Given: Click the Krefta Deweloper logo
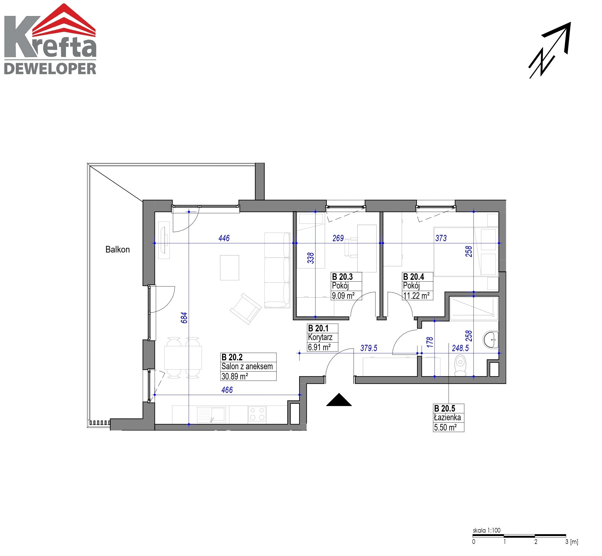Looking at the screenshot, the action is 50,39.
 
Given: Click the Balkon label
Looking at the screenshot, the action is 117,249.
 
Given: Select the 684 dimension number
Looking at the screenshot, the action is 184,318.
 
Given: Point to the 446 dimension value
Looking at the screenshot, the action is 224,238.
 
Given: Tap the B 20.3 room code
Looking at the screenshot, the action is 342,276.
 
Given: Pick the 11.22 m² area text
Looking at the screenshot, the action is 416,296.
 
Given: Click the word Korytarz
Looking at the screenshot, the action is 320,337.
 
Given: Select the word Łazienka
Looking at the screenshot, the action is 447,418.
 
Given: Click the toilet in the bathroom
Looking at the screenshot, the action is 460,365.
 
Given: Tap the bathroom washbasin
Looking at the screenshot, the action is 491,340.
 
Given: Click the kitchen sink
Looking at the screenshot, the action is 211,415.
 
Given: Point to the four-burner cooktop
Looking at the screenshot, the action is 257,414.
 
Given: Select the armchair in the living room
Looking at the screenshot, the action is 246,309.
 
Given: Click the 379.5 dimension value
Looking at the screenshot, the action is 369,348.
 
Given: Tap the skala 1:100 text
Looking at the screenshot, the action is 486,530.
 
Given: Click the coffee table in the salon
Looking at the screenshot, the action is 229,268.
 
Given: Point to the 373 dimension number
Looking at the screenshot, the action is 441,238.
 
